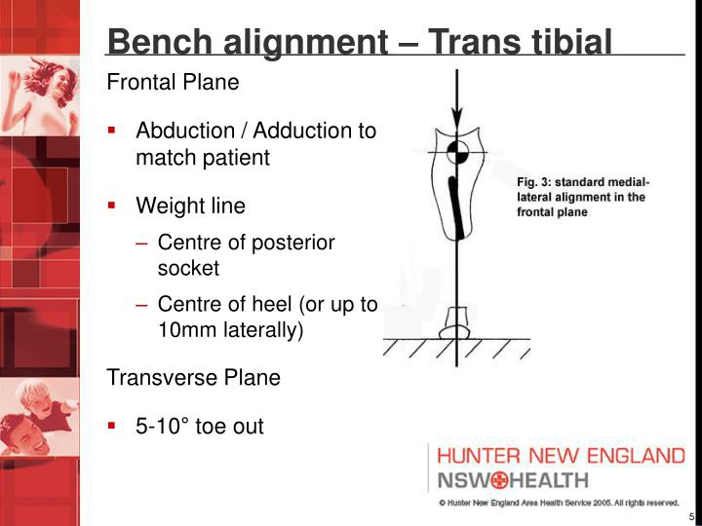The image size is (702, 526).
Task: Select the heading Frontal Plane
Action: [x=173, y=83]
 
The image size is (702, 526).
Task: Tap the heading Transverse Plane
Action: [x=193, y=378]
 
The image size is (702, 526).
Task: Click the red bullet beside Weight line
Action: [x=113, y=206]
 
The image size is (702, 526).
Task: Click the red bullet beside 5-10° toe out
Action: [x=113, y=425]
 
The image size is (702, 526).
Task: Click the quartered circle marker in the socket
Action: [x=456, y=152]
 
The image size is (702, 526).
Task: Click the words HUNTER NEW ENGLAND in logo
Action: [x=560, y=456]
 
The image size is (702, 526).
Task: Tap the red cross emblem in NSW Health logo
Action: [x=501, y=480]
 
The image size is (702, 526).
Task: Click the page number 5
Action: [x=690, y=516]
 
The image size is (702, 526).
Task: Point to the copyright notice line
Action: [x=558, y=503]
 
